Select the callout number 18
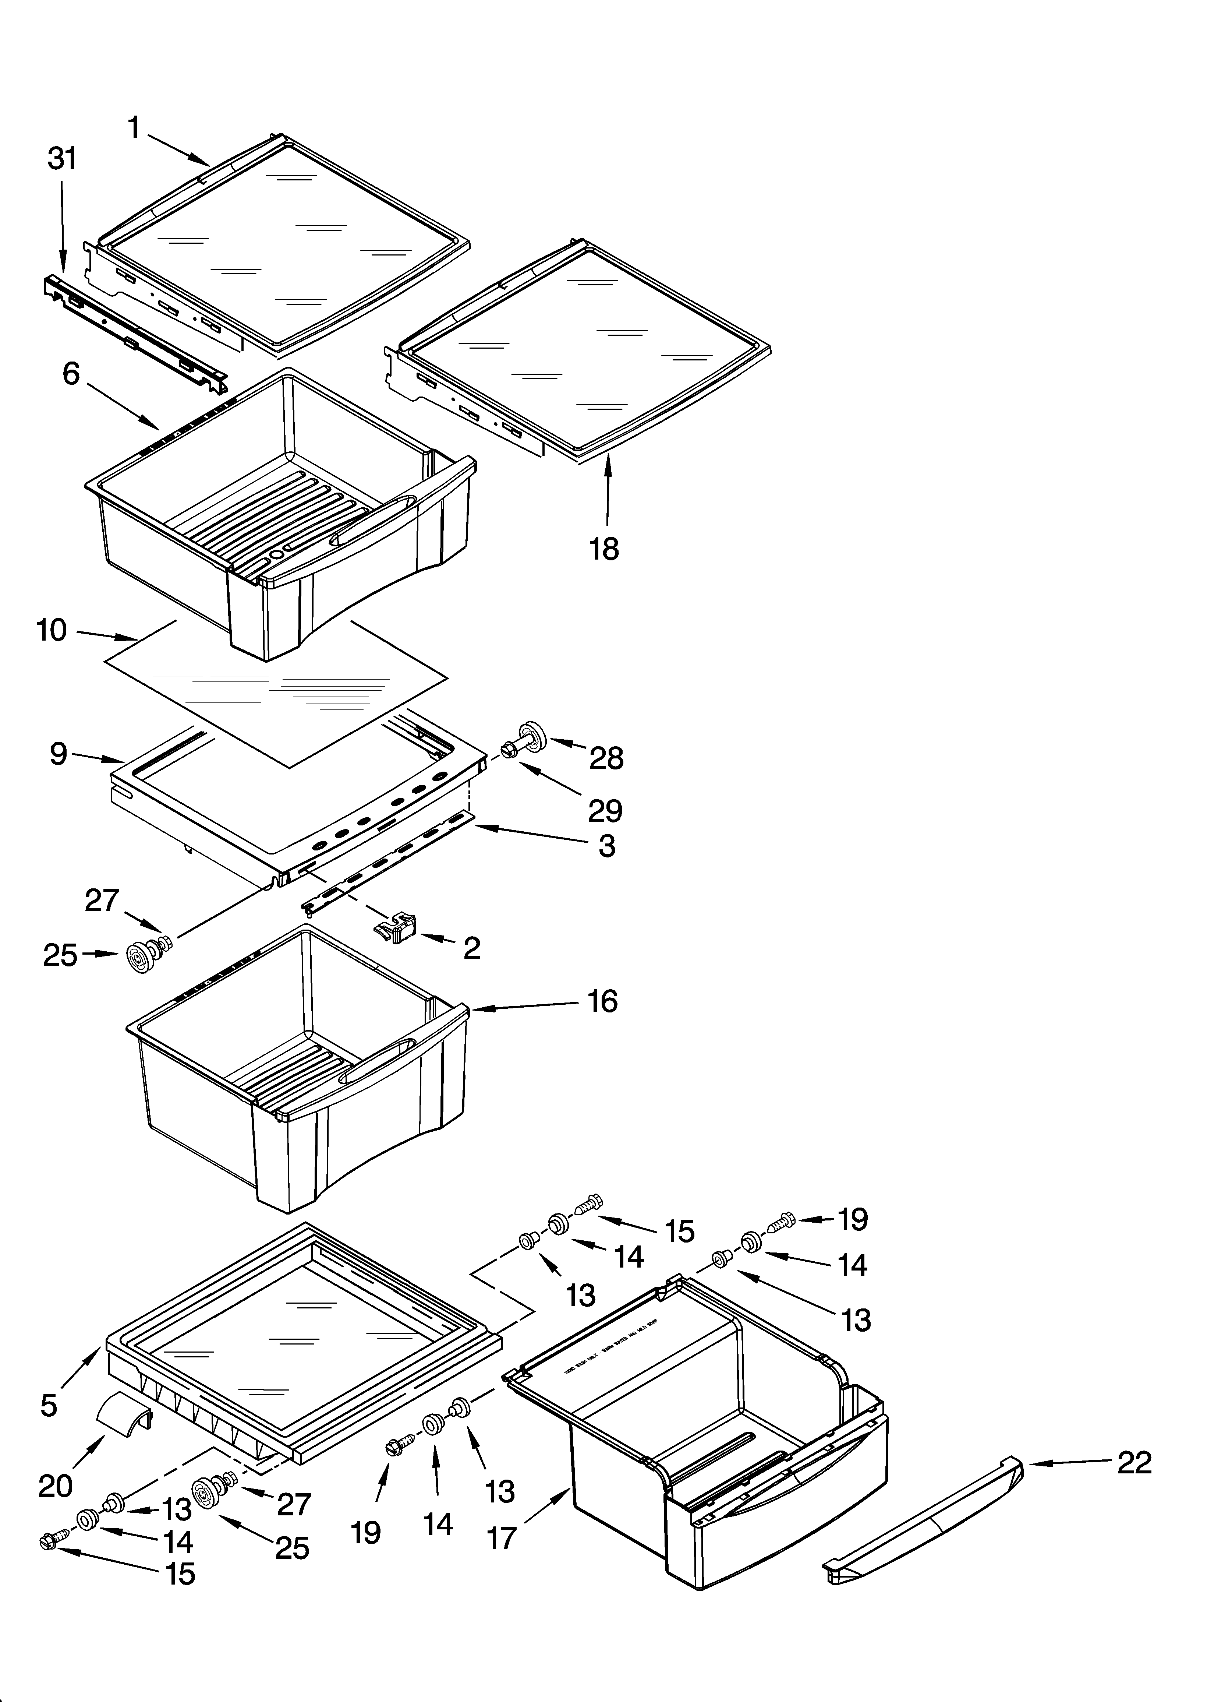click(604, 549)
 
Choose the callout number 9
click(59, 754)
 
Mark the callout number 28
click(606, 759)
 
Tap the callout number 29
click(605, 811)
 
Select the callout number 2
click(471, 948)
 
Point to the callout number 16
click(602, 1001)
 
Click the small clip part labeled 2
click(395, 929)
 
